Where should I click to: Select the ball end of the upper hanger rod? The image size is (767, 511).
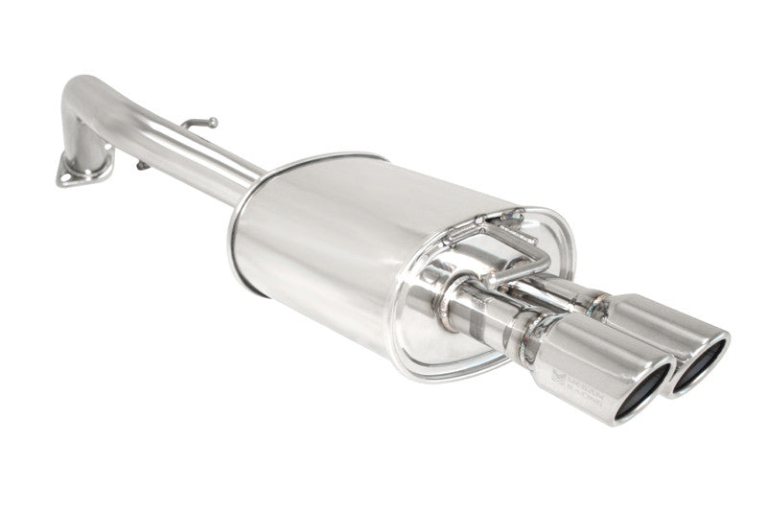[212, 122]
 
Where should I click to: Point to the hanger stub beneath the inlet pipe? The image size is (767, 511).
[143, 165]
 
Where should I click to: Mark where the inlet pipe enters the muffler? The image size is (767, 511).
[251, 185]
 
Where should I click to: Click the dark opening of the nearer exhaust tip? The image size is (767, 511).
[642, 393]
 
